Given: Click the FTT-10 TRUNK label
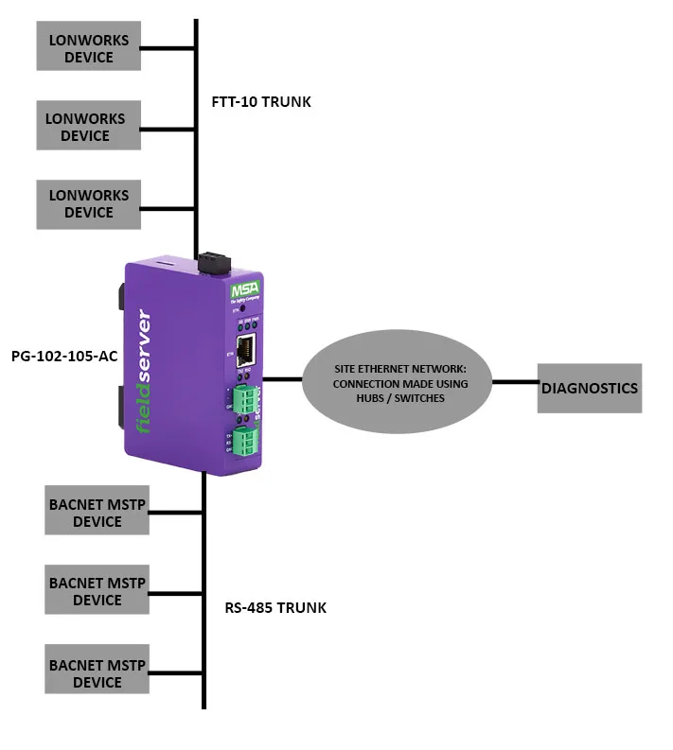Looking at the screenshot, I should [261, 101].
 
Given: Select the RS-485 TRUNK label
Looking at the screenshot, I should [275, 607].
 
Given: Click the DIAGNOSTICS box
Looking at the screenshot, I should [589, 388].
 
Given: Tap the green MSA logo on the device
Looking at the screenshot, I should [244, 288].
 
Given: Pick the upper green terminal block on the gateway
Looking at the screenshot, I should [246, 402].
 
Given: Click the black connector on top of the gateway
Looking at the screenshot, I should [210, 259].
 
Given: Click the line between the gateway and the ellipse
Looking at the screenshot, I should [282, 379].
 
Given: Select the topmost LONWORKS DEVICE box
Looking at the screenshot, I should [88, 47].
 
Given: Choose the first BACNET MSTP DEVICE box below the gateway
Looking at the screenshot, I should [97, 513].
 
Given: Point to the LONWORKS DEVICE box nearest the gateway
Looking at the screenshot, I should [89, 204].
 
